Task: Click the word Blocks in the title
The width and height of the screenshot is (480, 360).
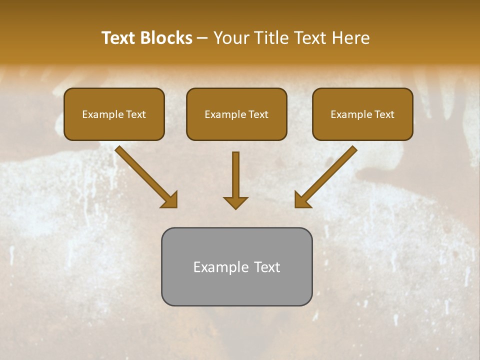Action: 166,38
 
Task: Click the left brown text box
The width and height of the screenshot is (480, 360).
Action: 114,114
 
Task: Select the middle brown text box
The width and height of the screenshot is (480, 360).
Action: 236,114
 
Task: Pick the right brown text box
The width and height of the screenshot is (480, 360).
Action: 362,114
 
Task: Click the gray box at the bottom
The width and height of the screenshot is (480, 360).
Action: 236,266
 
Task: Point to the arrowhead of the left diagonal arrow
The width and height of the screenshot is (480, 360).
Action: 170,200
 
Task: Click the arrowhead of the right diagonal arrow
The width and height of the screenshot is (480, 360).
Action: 301,200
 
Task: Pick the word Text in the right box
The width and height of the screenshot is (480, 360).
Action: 384,114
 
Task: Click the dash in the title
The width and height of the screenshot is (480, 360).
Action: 202,38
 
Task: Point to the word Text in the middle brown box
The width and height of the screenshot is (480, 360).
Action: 258,114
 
